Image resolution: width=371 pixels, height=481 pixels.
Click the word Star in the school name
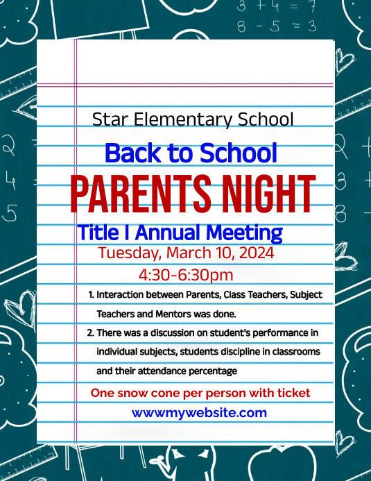107,119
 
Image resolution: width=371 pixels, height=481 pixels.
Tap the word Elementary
180,119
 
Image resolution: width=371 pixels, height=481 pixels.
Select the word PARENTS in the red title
143,195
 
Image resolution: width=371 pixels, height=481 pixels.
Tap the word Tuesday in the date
129,253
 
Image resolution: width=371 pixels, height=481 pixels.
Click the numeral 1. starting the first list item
91,294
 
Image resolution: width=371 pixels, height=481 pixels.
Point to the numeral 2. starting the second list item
91,332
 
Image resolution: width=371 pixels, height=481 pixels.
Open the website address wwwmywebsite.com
199,412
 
